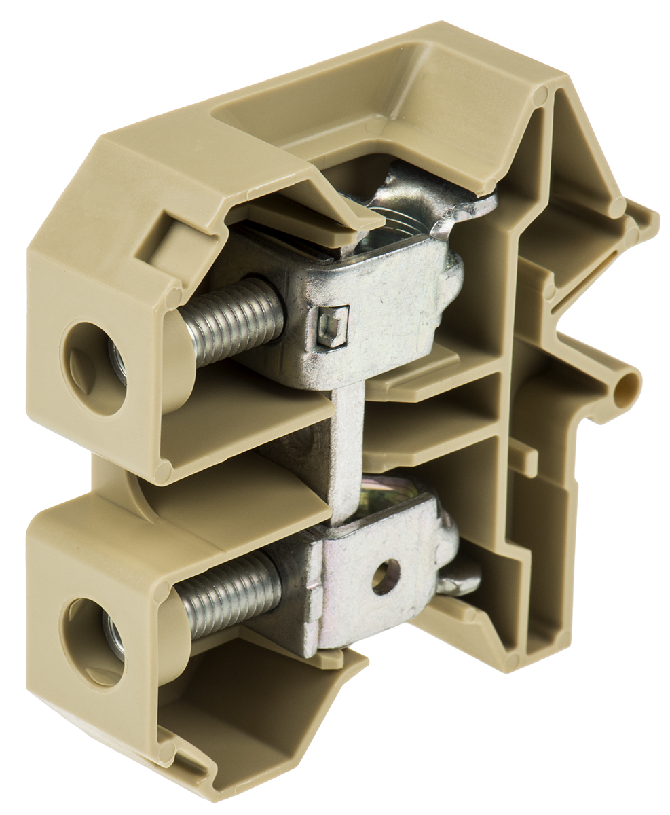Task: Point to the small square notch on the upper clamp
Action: click(x=333, y=326)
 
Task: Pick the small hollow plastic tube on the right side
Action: click(x=625, y=390)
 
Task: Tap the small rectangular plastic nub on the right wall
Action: click(x=523, y=458)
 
